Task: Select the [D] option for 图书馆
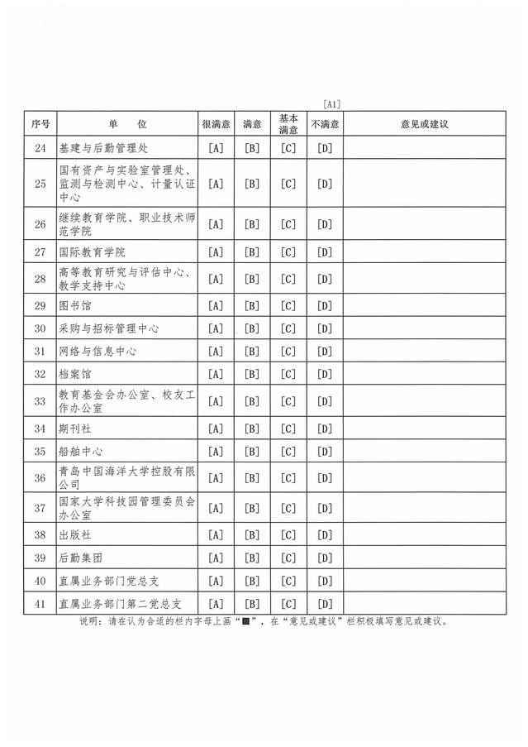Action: coord(325,305)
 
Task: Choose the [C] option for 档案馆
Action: coord(288,374)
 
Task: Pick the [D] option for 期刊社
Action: coord(325,429)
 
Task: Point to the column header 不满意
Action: coord(325,123)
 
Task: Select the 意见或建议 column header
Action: coord(423,123)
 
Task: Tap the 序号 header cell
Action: coord(40,123)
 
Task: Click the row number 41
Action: coord(40,603)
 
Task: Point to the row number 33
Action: coord(40,401)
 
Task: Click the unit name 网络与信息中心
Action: coord(98,352)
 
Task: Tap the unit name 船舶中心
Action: coord(81,452)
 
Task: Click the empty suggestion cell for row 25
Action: coord(423,184)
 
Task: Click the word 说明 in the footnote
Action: coord(88,621)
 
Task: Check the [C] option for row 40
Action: coord(288,580)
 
